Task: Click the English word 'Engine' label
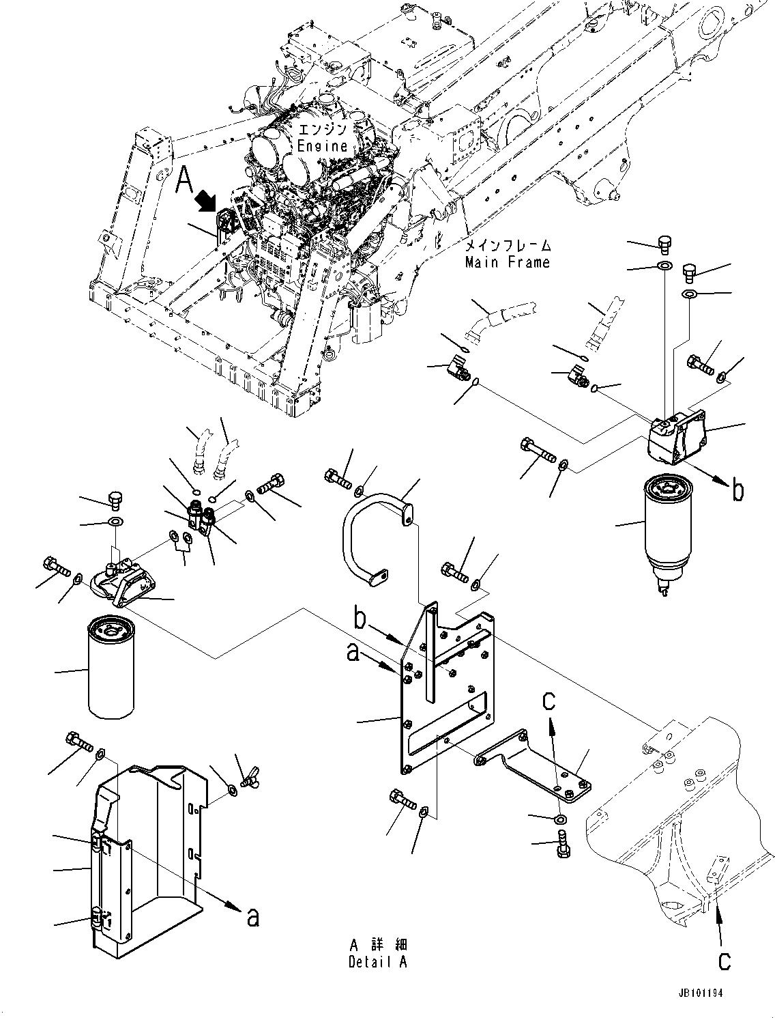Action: coord(322,145)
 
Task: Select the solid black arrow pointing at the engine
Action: coord(207,201)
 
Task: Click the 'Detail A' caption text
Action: coord(379,962)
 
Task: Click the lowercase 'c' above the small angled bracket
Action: coord(549,699)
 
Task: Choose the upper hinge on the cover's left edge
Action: coord(100,845)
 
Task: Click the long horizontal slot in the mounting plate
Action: coord(447,724)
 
